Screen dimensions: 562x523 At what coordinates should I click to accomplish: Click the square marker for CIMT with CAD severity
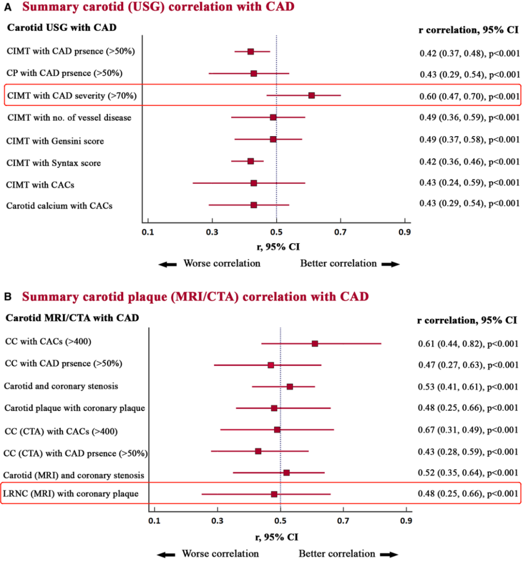click(311, 95)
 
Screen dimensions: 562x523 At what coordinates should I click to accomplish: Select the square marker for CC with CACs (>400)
click(315, 343)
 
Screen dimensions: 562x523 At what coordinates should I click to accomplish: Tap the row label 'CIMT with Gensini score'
click(55, 141)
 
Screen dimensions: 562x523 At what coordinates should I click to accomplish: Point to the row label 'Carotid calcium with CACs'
click(59, 206)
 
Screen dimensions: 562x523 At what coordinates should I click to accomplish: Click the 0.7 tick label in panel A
click(340, 232)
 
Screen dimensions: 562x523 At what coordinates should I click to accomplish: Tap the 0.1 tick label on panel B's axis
click(154, 521)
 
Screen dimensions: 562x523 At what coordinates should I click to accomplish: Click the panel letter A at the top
click(8, 8)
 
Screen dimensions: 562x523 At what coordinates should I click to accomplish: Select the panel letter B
click(8, 297)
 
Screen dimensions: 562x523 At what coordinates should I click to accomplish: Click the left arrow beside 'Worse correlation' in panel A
click(168, 264)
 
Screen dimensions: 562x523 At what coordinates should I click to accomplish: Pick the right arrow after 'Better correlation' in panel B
click(389, 554)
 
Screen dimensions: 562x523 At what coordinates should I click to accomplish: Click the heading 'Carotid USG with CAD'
click(62, 28)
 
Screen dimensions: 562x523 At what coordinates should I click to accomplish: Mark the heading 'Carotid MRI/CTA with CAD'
click(72, 318)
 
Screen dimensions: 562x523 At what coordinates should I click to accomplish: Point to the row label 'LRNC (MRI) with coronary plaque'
click(71, 494)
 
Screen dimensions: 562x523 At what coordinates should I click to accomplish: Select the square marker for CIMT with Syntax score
click(250, 161)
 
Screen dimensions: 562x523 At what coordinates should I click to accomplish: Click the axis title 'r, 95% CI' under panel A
click(278, 247)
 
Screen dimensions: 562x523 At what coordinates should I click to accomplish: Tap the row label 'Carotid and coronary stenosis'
click(61, 386)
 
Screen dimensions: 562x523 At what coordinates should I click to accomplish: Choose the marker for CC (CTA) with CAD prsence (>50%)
click(258, 451)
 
